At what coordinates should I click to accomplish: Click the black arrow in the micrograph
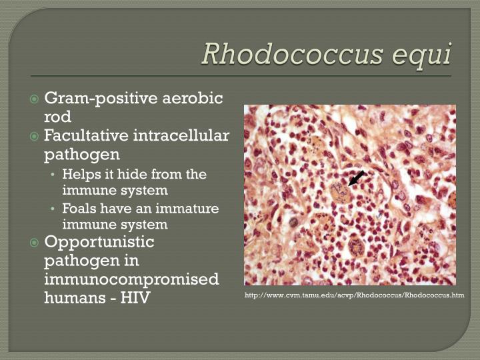pyautogui.click(x=357, y=177)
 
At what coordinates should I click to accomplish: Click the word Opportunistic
pyautogui.click(x=99, y=241)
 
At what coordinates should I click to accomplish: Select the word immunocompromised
pyautogui.click(x=131, y=279)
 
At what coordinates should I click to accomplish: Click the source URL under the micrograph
pyautogui.click(x=354, y=295)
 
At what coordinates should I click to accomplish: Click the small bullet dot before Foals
pyautogui.click(x=54, y=209)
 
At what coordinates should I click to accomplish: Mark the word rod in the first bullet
pyautogui.click(x=57, y=117)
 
